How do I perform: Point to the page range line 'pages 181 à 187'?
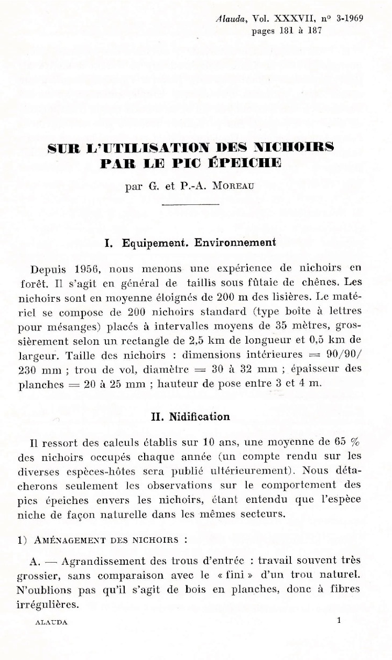[287, 30]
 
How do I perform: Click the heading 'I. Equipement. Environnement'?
[191, 243]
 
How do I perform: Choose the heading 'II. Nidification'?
[190, 417]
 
